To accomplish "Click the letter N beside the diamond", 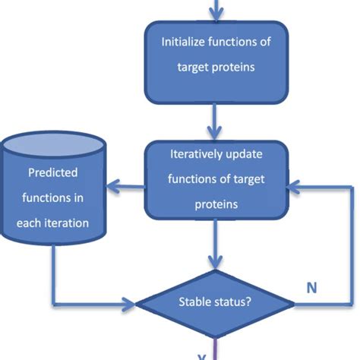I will (x=311, y=288).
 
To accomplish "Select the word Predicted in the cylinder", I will (x=52, y=172).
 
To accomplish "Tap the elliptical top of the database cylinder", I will (x=52, y=144).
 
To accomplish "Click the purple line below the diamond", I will (x=216, y=349).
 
